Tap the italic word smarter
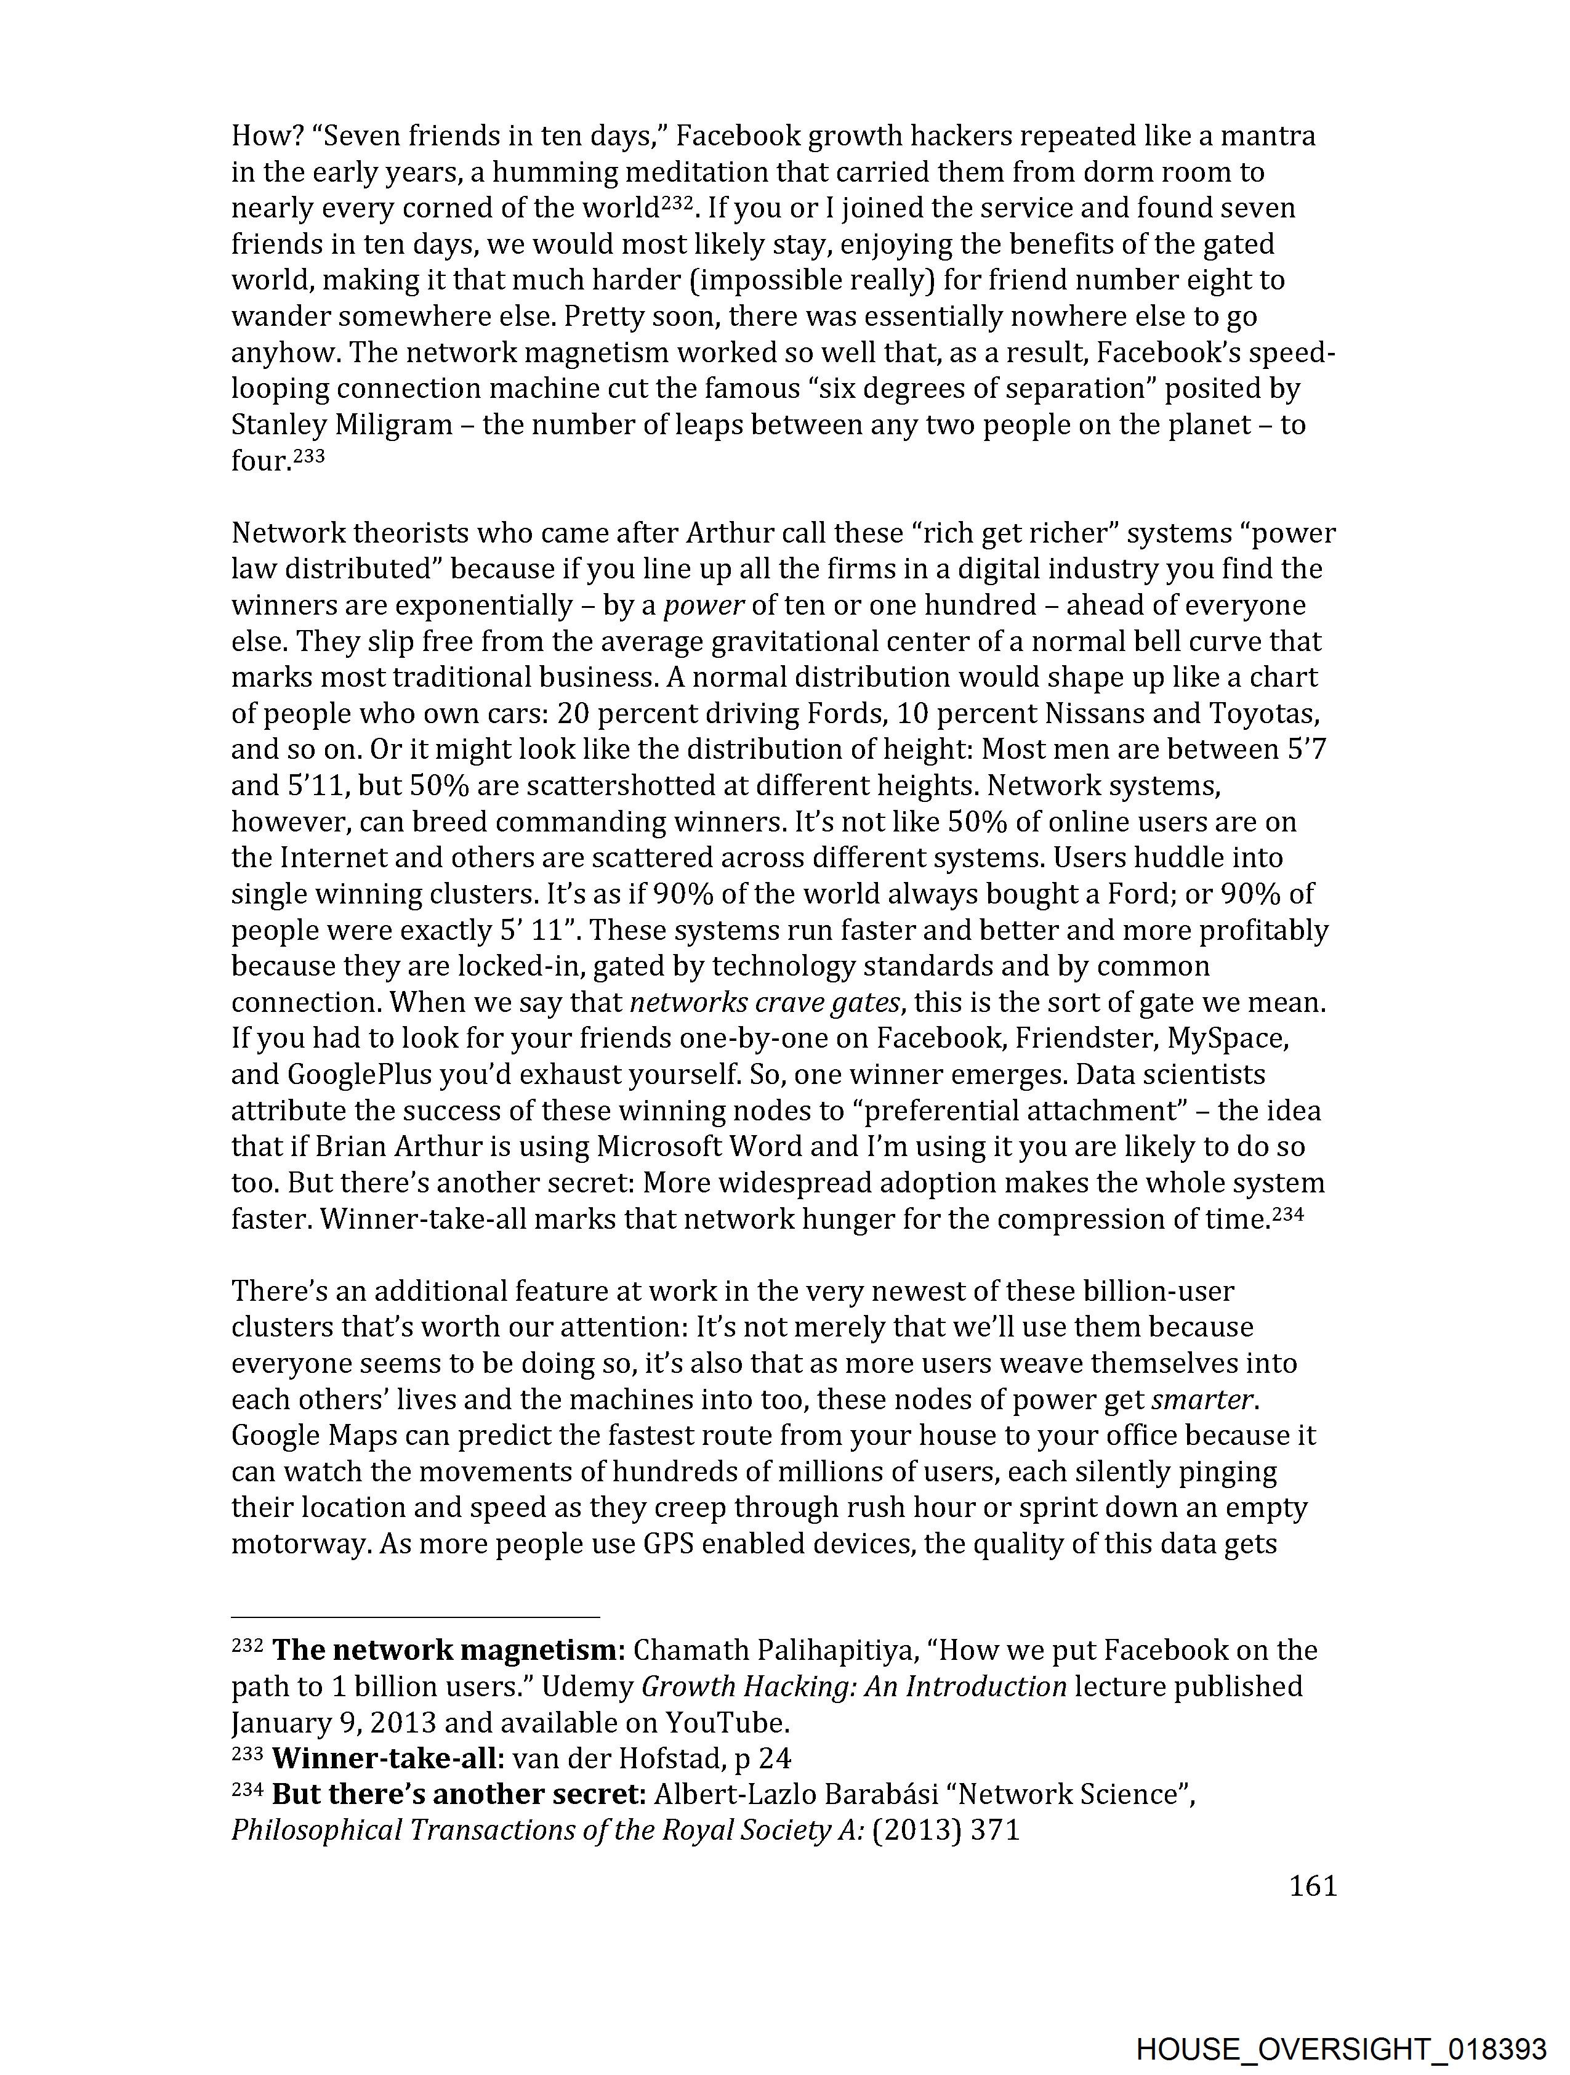tap(1202, 1399)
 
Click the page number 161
tap(1312, 1885)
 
